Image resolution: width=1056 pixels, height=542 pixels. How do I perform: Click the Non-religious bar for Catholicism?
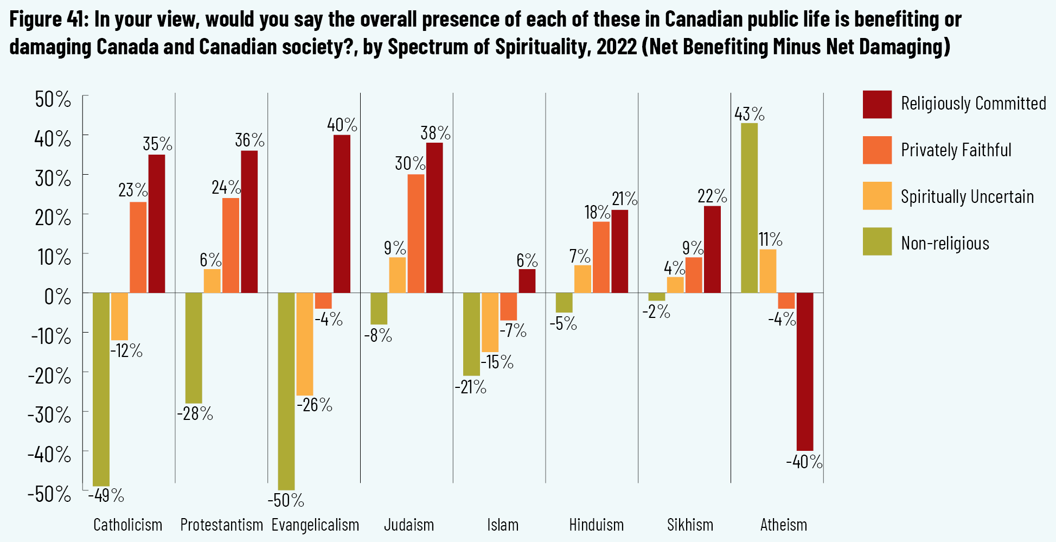pos(101,389)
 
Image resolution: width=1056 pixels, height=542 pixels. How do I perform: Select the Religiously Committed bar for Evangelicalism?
pos(342,214)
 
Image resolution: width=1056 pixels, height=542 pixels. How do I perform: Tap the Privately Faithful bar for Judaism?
pos(416,233)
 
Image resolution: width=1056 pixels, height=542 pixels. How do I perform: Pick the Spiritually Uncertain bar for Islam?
pos(490,322)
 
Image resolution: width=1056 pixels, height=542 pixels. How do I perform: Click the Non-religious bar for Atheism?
pos(749,208)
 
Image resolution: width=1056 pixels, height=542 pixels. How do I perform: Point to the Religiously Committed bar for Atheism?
pos(805,372)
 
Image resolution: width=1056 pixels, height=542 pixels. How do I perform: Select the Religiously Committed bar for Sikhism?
pos(712,250)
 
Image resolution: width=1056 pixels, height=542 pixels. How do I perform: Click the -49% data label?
pos(106,495)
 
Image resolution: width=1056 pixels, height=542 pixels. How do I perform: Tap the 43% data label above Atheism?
pos(750,114)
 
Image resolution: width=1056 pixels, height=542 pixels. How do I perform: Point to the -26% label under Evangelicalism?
pos(315,405)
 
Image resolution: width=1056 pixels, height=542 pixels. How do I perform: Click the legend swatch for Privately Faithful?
pos(877,150)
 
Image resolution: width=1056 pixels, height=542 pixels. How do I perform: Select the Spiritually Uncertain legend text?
pos(967,196)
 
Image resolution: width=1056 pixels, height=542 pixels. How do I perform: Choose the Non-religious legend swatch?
pos(877,241)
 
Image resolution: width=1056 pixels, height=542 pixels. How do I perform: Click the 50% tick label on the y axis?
pos(53,99)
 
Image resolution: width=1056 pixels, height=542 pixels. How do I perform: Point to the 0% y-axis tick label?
pos(57,297)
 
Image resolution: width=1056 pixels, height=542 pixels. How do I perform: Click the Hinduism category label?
pos(596,525)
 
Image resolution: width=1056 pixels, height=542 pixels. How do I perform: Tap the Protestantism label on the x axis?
pos(221,525)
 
